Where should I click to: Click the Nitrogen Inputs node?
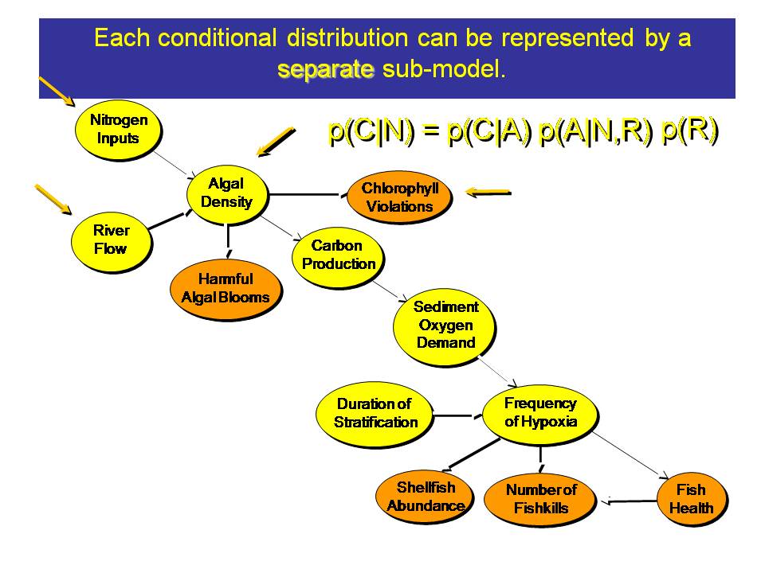(117, 129)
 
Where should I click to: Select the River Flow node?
(111, 239)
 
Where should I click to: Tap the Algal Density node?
(226, 193)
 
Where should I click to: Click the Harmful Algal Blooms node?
(225, 288)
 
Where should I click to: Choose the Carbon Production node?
(338, 255)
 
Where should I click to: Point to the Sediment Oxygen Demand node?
(445, 325)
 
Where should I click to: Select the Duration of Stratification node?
(374, 413)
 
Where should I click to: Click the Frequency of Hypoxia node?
(539, 412)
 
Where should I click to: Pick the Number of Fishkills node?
(540, 499)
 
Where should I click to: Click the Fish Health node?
(690, 499)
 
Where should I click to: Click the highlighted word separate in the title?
(326, 69)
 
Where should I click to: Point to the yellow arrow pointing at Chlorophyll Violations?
(488, 191)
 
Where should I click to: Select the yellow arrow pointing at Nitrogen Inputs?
(56, 91)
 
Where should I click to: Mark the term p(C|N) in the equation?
(370, 131)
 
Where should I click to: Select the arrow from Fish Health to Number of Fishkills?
(633, 501)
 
